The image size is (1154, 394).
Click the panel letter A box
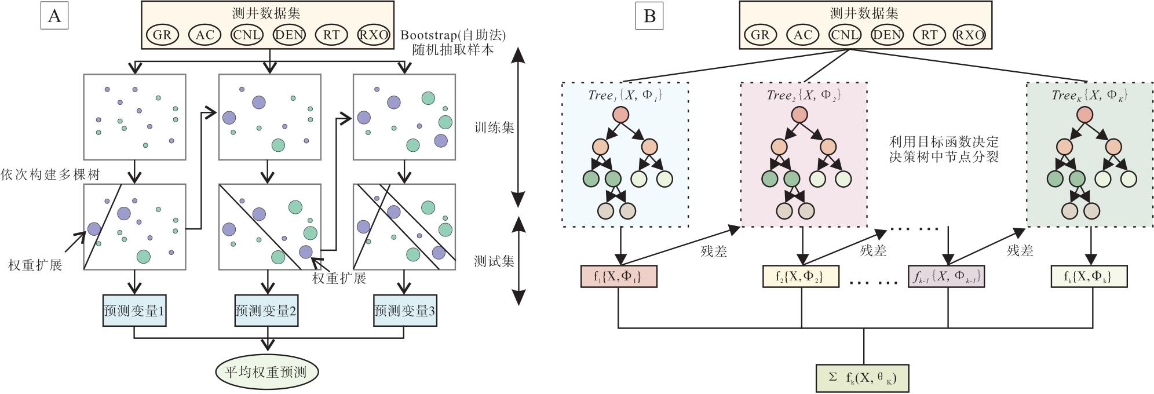[54, 16]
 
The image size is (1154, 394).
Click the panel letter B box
[650, 16]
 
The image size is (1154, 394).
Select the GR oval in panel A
[162, 35]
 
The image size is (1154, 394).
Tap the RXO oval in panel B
[969, 35]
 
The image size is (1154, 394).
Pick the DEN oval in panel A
[289, 35]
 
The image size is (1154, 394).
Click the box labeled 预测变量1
[134, 311]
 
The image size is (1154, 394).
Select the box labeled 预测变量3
[404, 311]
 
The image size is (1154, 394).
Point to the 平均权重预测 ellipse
[267, 372]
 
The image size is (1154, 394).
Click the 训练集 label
[494, 127]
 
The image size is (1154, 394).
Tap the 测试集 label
[494, 261]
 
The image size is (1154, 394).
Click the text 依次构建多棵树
[50, 175]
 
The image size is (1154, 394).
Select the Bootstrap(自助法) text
[453, 35]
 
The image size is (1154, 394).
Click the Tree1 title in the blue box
[625, 96]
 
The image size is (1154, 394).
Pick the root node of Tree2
[803, 114]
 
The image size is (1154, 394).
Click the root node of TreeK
[1086, 114]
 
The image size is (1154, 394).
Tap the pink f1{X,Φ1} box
[619, 276]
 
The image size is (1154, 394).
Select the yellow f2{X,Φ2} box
[801, 276]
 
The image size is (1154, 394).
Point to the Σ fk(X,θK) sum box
[863, 378]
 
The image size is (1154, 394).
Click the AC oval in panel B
[802, 35]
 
